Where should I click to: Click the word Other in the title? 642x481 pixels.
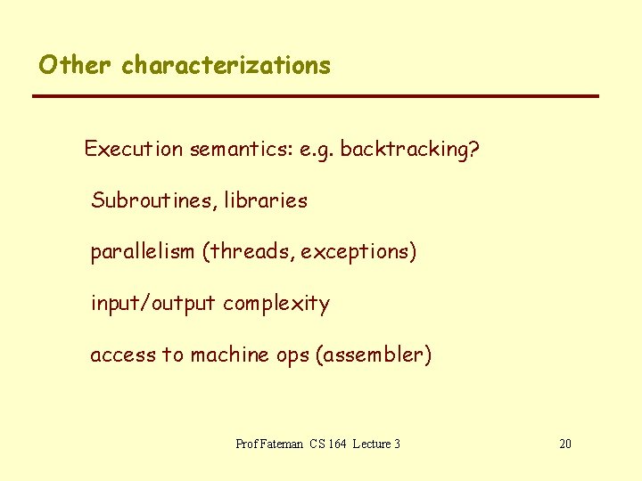(x=76, y=65)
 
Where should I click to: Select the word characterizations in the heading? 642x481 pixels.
(x=226, y=65)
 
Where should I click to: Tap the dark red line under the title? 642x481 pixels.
(x=316, y=95)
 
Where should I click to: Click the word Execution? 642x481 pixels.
(x=134, y=149)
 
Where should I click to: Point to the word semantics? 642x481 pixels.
(x=231, y=149)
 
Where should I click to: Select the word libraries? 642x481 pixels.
(x=266, y=200)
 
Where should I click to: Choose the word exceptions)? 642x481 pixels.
(x=358, y=252)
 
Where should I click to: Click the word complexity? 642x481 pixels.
(x=276, y=304)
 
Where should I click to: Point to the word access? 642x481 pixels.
(x=122, y=355)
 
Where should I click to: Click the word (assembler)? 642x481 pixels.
(x=373, y=355)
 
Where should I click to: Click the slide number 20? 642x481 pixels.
(x=565, y=444)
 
